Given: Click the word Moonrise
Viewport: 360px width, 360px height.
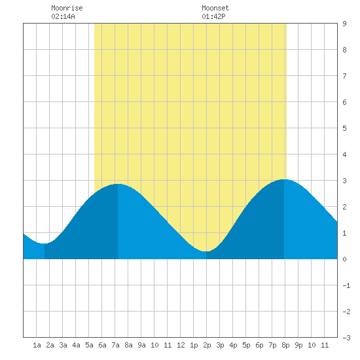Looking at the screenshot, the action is (67, 8).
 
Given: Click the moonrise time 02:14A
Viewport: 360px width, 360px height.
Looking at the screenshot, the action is (63, 16).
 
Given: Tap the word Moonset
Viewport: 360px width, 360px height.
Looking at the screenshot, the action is (215, 8).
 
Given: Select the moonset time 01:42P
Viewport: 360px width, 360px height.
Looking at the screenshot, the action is (213, 16).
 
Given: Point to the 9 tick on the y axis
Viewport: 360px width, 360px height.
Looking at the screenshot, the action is (344, 24).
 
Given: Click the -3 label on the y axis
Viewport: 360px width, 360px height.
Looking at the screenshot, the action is (346, 338).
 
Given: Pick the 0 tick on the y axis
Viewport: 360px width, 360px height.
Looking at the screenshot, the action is (344, 259).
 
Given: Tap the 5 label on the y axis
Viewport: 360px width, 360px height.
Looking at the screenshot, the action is (344, 128).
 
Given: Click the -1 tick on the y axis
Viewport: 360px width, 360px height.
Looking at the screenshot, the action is (346, 285).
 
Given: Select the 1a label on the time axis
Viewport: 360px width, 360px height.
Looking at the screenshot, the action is (37, 345).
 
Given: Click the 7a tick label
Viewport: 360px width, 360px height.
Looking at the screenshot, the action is (115, 345).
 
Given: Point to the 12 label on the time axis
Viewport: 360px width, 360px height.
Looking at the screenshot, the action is (181, 345).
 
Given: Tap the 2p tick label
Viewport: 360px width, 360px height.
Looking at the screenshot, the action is (207, 345).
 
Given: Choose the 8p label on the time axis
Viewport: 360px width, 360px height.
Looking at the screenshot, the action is (285, 345).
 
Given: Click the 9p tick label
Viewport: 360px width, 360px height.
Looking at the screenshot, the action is (298, 345).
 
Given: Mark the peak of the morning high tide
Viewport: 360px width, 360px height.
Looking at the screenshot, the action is (118, 184).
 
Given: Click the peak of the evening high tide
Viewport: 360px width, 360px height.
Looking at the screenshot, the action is (284, 179).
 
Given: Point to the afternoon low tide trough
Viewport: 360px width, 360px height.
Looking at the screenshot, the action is (206, 251).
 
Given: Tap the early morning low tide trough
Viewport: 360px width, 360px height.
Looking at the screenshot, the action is (45, 243).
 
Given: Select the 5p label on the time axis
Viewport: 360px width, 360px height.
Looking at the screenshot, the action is (246, 345).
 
